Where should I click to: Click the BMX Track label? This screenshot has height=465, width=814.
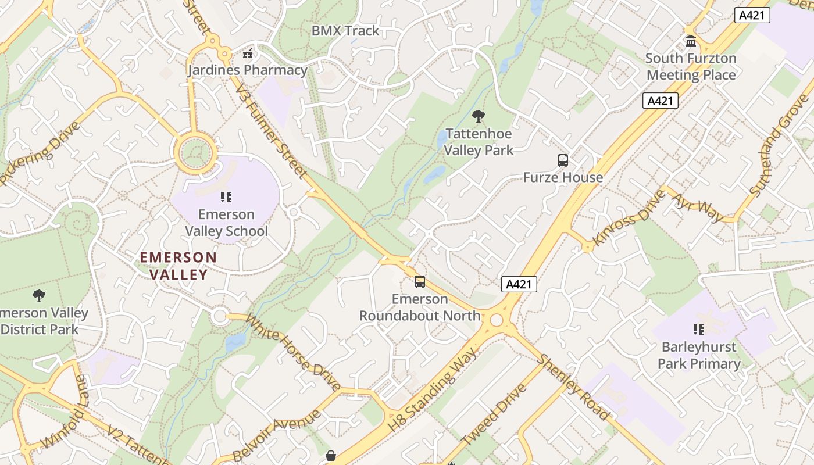click(345, 31)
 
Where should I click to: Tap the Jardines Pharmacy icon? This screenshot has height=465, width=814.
click(248, 54)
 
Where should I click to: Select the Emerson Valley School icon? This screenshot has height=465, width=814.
click(226, 197)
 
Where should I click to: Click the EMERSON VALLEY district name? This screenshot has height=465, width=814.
click(178, 266)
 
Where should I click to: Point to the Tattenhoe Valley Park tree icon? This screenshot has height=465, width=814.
click(479, 116)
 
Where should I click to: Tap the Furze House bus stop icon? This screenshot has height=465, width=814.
click(562, 160)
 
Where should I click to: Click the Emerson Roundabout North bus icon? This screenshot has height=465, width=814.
click(420, 282)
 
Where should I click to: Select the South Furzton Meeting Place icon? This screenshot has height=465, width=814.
click(691, 41)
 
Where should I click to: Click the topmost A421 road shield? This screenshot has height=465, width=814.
click(752, 16)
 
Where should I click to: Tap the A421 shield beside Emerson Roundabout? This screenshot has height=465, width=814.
click(519, 284)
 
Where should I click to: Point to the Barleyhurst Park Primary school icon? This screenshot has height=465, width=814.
click(699, 330)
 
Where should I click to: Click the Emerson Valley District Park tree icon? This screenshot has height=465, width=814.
click(38, 296)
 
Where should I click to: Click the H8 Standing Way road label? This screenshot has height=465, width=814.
click(432, 389)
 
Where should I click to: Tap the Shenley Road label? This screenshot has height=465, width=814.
click(573, 387)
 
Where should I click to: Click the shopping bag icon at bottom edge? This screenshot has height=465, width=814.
click(331, 456)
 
